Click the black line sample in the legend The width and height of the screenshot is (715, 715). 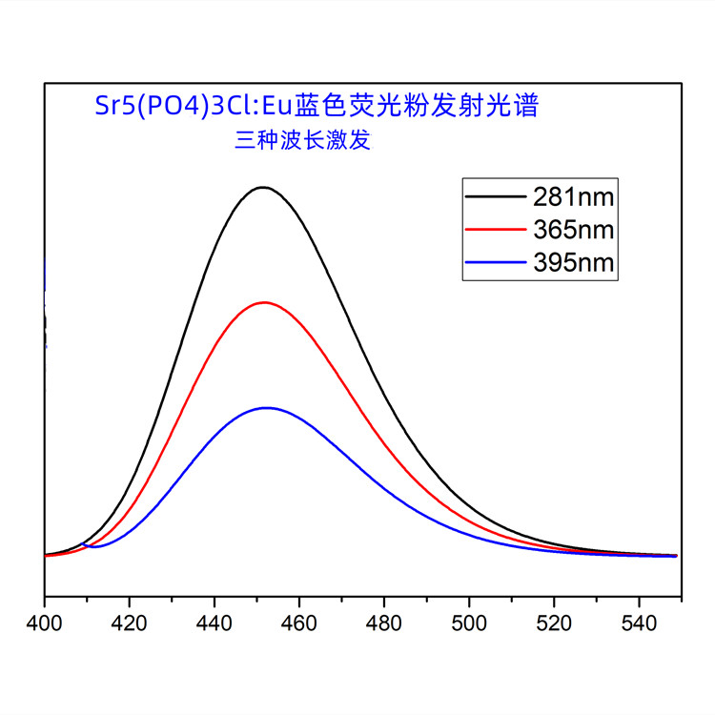coord(496,197)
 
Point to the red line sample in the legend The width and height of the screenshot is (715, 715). coord(496,230)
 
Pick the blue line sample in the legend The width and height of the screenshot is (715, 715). coord(496,262)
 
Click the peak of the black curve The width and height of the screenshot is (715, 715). coord(262,187)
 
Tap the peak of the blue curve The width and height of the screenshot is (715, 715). coord(267,408)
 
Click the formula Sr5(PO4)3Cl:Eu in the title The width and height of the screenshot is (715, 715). coord(194,105)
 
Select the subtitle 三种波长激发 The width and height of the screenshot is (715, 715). coord(302,141)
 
